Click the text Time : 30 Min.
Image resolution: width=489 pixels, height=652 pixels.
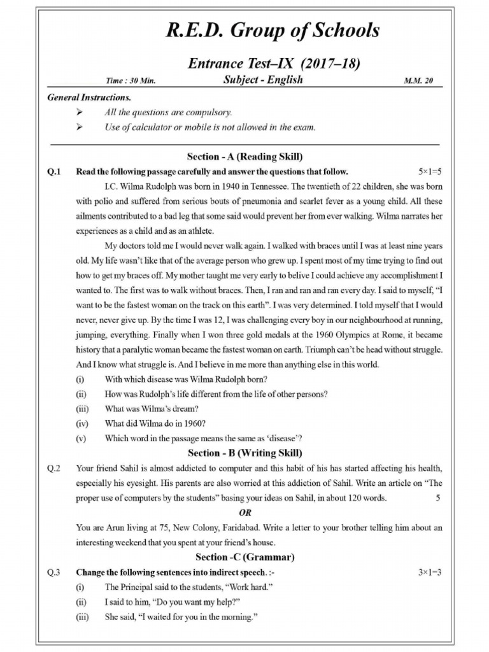tap(131, 81)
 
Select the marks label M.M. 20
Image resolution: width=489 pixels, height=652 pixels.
tap(418, 81)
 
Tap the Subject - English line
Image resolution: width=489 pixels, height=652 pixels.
tap(263, 80)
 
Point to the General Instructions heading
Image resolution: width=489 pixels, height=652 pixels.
tap(89, 98)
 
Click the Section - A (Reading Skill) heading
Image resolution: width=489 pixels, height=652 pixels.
tap(244, 157)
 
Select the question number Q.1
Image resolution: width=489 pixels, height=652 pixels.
tap(53, 172)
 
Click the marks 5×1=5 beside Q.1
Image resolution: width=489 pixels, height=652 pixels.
tap(430, 172)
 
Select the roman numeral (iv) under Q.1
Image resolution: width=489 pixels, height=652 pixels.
tap(81, 423)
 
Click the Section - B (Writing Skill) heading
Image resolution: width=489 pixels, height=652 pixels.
tap(244, 453)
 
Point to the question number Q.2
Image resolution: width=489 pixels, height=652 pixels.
tap(53, 469)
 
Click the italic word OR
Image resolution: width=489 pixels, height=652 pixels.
tap(244, 513)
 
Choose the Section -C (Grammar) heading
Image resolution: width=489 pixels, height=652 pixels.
tap(244, 557)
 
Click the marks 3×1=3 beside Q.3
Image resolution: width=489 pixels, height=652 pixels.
tap(430, 572)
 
